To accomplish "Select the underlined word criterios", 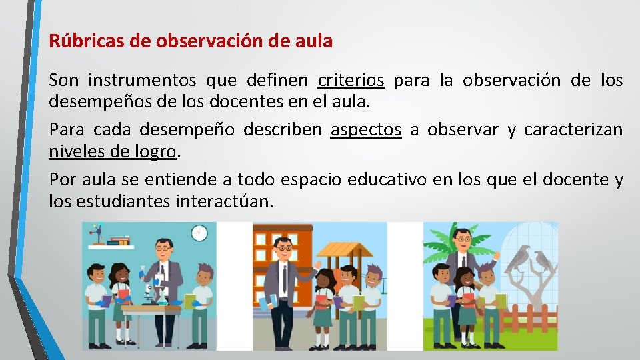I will [351, 81].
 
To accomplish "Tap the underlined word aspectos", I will [366, 130].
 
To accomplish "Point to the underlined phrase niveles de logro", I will [113, 152].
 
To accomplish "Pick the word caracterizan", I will [573, 130].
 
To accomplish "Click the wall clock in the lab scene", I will [199, 233].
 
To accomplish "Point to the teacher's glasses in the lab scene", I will [162, 249].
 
